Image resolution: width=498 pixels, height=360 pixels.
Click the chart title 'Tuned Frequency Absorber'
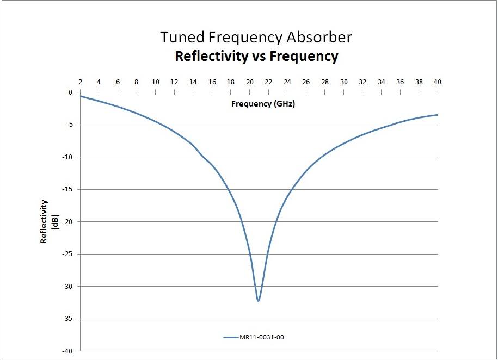point(256,37)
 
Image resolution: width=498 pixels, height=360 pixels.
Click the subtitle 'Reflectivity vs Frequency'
point(256,56)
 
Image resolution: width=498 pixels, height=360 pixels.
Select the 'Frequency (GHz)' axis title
point(263,103)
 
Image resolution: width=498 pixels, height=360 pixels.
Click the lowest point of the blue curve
point(258,301)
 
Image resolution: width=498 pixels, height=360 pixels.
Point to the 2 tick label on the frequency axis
point(80,82)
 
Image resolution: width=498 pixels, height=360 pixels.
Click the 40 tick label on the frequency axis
point(436,82)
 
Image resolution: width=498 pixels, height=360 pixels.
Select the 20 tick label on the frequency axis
point(250,82)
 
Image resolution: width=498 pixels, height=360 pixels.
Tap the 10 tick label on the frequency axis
point(155,82)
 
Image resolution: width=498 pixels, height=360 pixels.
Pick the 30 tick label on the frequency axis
point(344,82)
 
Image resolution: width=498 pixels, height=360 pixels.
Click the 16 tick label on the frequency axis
point(212,82)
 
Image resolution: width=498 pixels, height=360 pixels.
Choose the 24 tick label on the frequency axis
point(287,82)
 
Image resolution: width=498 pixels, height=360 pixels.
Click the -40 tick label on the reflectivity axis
point(67,351)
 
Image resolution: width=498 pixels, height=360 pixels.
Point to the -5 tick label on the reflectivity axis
point(69,125)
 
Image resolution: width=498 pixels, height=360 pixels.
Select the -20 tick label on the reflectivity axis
point(67,221)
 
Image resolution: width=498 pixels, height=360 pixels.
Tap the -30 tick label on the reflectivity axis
point(67,286)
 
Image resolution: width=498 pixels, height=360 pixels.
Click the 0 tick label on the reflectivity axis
point(70,92)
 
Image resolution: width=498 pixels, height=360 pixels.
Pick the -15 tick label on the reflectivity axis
point(67,189)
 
